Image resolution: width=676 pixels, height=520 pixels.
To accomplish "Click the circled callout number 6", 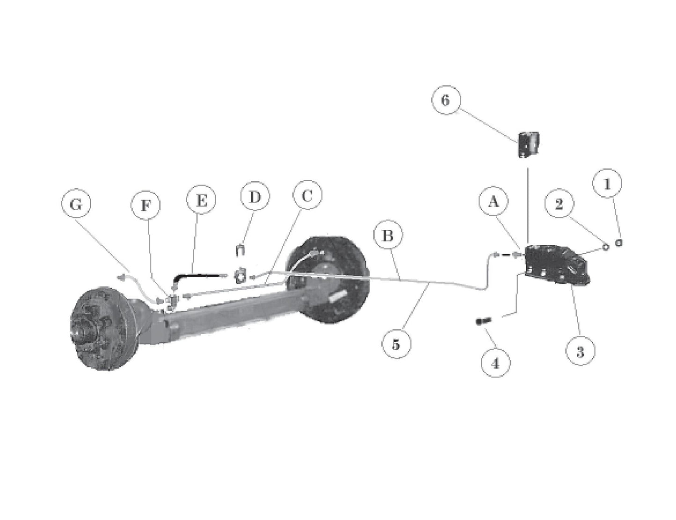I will pyautogui.click(x=445, y=101).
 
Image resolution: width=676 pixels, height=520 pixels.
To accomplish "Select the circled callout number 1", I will pyautogui.click(x=607, y=185).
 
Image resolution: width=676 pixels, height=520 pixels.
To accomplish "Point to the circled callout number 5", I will pyautogui.click(x=396, y=345).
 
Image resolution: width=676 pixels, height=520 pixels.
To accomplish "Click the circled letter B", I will pyautogui.click(x=387, y=237).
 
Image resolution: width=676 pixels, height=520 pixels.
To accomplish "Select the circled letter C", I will pyautogui.click(x=307, y=196).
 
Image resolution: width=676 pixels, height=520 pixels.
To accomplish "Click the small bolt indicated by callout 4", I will pyautogui.click(x=483, y=321).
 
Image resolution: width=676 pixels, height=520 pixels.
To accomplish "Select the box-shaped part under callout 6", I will pyautogui.click(x=527, y=144).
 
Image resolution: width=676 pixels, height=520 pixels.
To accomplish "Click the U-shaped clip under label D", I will pyautogui.click(x=240, y=250).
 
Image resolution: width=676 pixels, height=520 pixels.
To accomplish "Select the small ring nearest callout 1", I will pyautogui.click(x=620, y=243).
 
